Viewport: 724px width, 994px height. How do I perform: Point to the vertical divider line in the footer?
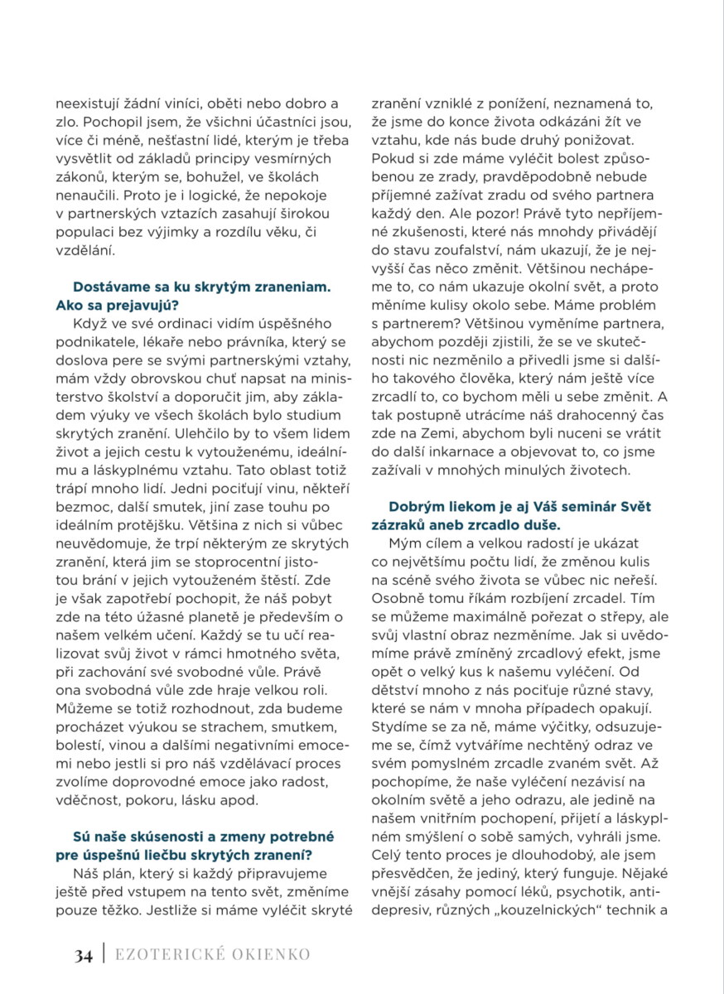[104, 955]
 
